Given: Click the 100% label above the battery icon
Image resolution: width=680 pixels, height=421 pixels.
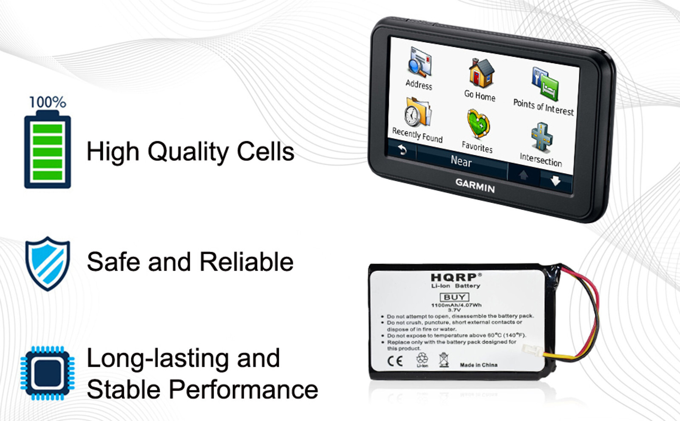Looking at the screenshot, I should point(48,102).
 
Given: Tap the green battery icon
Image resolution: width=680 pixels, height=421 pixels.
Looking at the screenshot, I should point(48,151).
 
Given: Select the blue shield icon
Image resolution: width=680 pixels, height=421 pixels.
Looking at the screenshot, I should point(48,263).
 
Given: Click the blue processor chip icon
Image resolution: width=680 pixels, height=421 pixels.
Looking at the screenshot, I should point(48,373).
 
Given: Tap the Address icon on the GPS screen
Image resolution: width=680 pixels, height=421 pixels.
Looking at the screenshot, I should point(419,63).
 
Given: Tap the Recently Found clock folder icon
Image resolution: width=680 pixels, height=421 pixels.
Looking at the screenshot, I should point(418,113).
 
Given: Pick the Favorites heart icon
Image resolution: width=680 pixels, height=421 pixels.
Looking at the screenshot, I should point(479,124).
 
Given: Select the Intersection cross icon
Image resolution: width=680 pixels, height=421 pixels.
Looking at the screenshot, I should point(542,137).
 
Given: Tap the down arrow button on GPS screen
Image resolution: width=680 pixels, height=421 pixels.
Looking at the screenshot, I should point(555,181).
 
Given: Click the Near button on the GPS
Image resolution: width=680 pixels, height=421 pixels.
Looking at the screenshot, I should point(461,161).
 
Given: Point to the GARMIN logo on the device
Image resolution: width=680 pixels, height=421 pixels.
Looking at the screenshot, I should point(475,185).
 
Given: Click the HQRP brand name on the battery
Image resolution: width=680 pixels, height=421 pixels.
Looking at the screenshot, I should point(454,278).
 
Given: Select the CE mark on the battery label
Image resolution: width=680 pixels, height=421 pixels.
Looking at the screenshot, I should point(395,361).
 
